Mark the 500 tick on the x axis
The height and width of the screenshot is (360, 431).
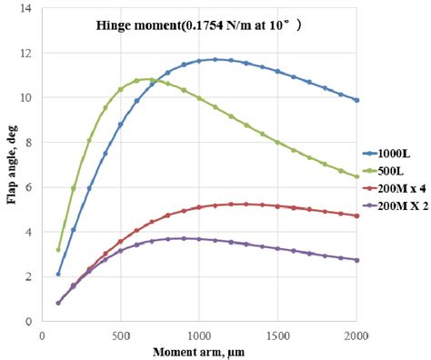[x=121, y=334]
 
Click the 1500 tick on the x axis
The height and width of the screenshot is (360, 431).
[x=277, y=334]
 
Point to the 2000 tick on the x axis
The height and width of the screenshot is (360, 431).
[x=356, y=334]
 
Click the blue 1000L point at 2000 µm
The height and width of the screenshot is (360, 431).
[x=356, y=100]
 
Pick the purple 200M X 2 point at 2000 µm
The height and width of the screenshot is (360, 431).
[x=356, y=260]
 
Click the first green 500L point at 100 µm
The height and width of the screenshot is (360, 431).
[x=58, y=249]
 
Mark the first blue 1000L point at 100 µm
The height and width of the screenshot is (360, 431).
[x=58, y=274]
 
